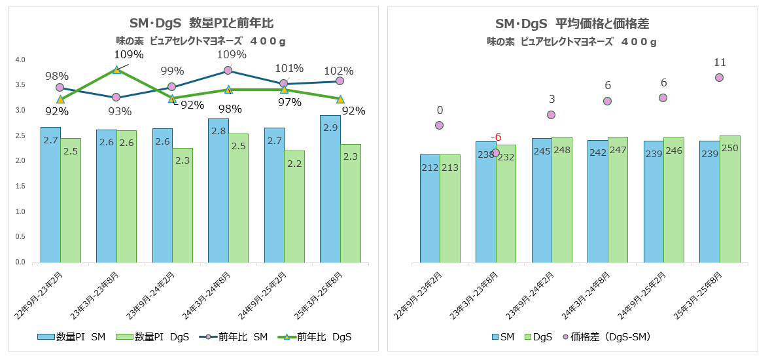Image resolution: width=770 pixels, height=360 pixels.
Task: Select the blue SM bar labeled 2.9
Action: pyautogui.click(x=330, y=190)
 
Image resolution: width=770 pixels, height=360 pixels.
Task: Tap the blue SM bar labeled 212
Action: pyautogui.click(x=429, y=209)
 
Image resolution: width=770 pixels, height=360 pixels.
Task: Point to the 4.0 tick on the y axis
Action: pyautogui.click(x=20, y=60)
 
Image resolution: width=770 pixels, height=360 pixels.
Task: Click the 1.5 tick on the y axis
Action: pyautogui.click(x=20, y=187)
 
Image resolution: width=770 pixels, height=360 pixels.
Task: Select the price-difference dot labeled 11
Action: pyautogui.click(x=719, y=77)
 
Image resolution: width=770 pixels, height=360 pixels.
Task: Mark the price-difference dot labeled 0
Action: pyautogui.click(x=439, y=125)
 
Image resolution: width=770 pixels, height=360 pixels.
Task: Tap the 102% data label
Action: pyautogui.click(x=339, y=71)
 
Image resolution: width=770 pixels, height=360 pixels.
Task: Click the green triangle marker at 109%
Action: pyautogui.click(x=116, y=70)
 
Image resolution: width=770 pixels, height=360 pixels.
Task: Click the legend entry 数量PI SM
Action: pyautogui.click(x=72, y=337)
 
